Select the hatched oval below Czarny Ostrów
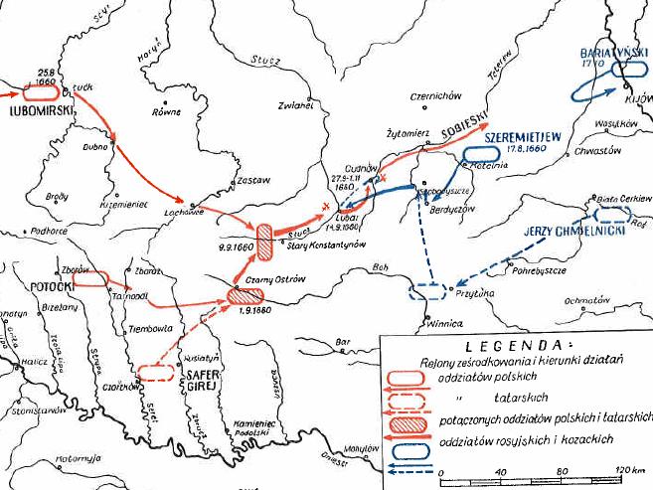pos(244,295)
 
